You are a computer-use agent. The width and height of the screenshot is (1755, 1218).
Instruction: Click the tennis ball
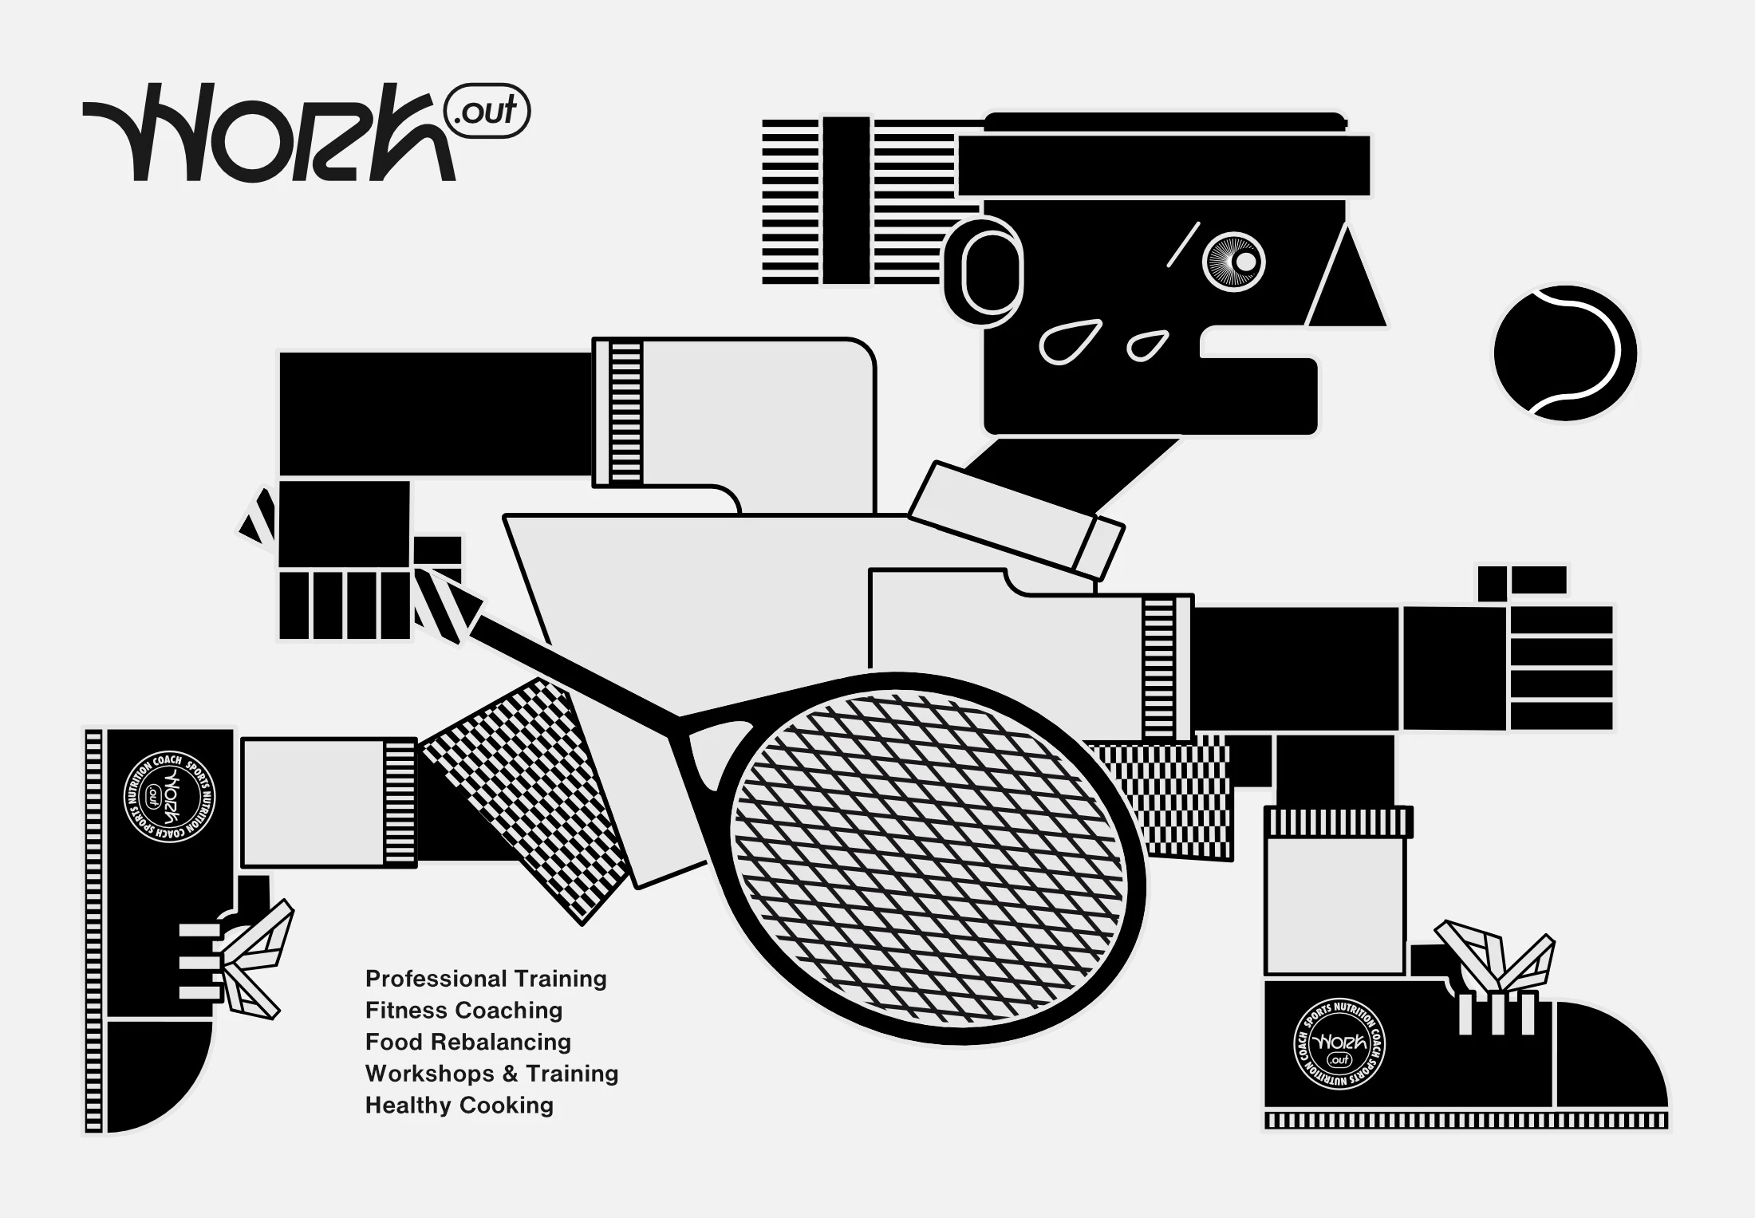tap(1565, 353)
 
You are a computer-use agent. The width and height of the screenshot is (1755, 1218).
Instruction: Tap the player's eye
tap(1234, 262)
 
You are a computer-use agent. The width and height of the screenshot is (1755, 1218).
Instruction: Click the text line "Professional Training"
tap(486, 979)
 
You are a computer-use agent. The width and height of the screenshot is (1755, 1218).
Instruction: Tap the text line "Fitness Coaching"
tap(463, 1010)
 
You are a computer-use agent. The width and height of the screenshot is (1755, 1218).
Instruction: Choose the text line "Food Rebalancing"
tap(468, 1042)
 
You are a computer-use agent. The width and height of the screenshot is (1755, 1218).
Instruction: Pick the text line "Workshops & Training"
tap(491, 1074)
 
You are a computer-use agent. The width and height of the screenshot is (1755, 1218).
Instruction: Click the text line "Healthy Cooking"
tap(459, 1106)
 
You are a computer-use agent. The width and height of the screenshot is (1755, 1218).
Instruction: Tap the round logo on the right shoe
tap(1339, 1044)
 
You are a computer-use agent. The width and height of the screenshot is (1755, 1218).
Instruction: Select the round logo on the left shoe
tap(169, 797)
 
